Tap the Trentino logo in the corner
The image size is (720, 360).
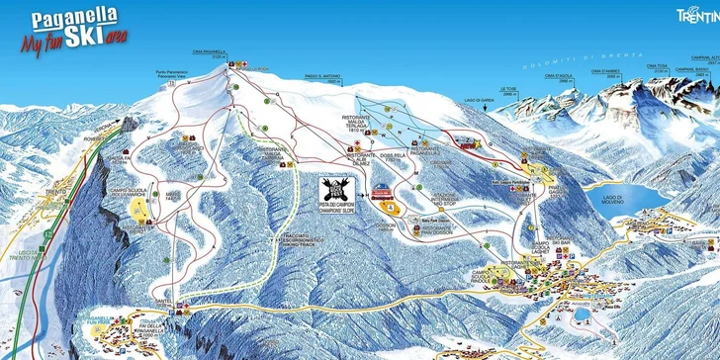[x=696, y=14]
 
